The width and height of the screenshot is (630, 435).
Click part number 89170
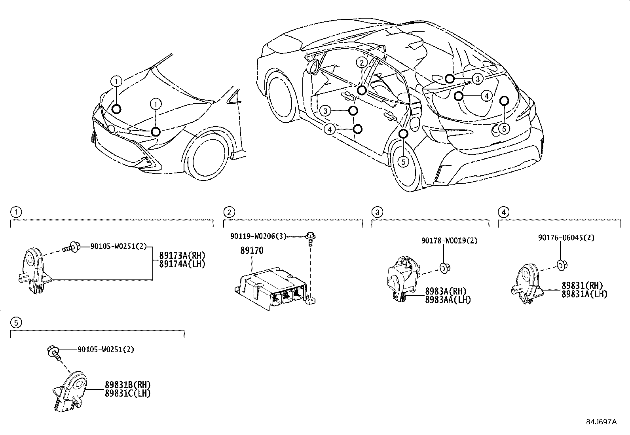pos(251,251)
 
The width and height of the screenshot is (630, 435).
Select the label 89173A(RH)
pos(182,255)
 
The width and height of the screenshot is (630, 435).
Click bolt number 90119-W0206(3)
pos(258,236)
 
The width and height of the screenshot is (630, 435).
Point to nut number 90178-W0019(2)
pos(449,240)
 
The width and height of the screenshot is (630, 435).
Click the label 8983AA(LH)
pos(448,300)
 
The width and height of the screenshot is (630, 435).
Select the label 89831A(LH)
pos(584,294)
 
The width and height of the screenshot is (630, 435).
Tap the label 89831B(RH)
pos(127,385)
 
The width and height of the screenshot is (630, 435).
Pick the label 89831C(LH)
pos(127,393)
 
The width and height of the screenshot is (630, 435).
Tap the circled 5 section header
pos(15,323)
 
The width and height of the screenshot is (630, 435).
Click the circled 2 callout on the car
pos(361,63)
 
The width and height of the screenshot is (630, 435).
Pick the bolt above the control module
pos(311,238)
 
